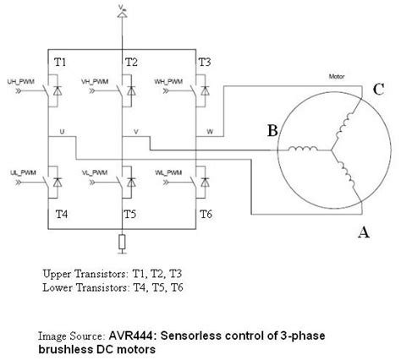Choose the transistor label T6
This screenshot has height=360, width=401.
coord(206,215)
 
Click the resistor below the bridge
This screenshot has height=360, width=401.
coord(124,243)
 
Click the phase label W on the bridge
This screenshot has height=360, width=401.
coord(210,132)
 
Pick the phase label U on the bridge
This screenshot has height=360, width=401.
coord(62,132)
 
